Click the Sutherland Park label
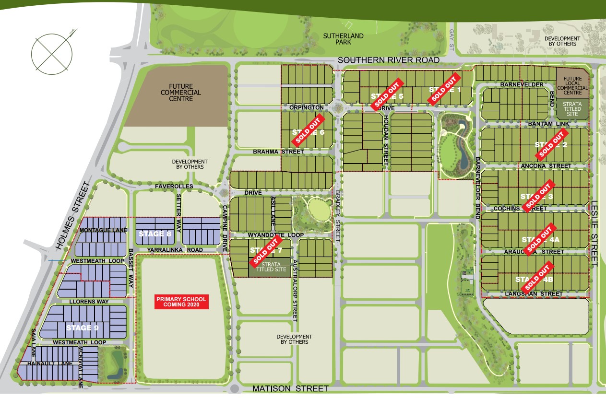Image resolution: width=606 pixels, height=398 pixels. pos(343,39)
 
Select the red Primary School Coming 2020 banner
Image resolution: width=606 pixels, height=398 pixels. pos(181,302)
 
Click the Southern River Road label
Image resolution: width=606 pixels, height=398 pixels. pos(389,60)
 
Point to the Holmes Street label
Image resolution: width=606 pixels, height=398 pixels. pos(73,216)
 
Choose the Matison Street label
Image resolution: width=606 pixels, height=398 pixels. pos(290,388)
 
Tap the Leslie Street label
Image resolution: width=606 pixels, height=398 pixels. pos(594,233)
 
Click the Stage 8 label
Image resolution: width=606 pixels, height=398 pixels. pos(154,234)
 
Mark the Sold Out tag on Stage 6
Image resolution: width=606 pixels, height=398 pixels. pos(307,132)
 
